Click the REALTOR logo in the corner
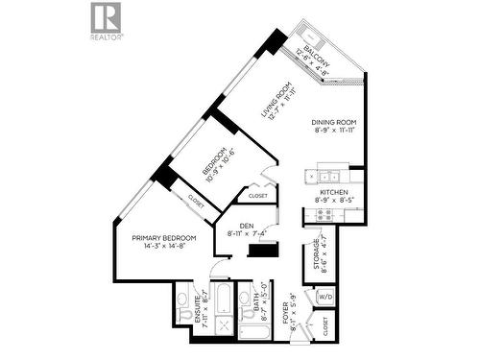click(x=106, y=18)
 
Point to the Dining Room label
click(x=334, y=128)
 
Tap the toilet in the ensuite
click(x=183, y=313)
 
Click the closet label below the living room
click(x=257, y=196)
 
